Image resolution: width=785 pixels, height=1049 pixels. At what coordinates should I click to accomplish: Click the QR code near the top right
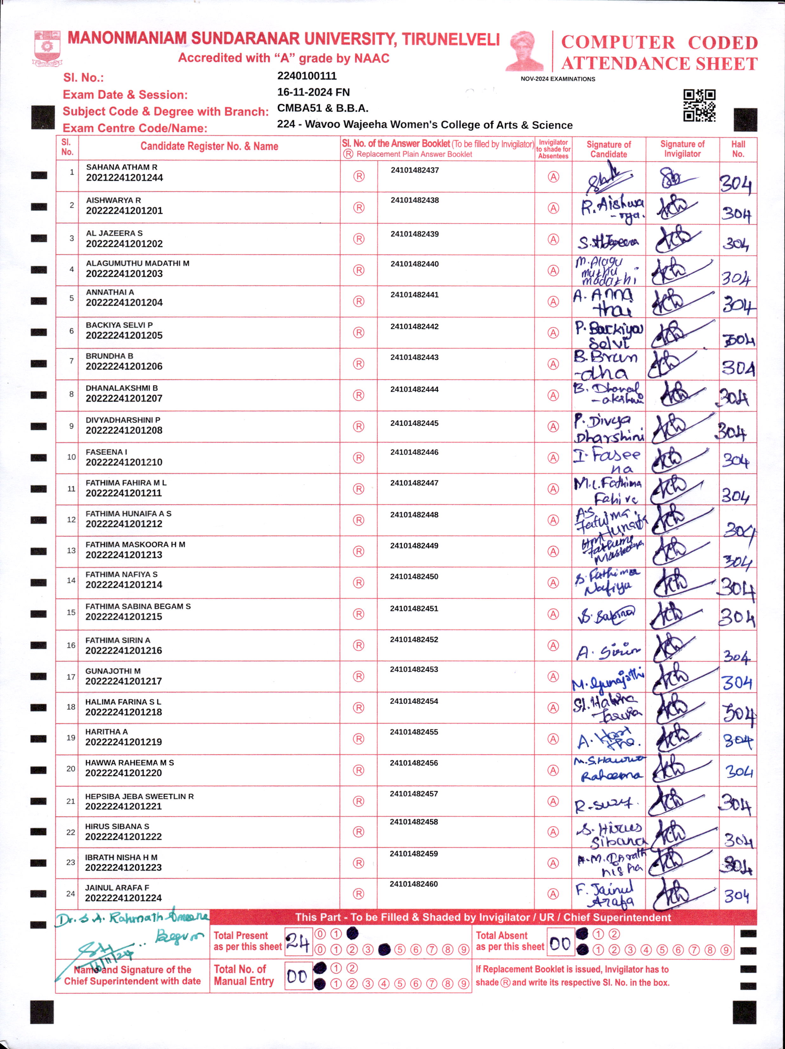click(x=699, y=105)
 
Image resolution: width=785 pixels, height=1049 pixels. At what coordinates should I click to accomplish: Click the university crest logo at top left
click(x=47, y=48)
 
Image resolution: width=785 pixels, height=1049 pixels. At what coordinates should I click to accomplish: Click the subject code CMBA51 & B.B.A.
click(x=323, y=108)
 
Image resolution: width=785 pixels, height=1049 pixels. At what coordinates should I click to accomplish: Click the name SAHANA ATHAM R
click(x=121, y=167)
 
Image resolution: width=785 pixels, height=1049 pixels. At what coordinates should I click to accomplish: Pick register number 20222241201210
click(x=124, y=462)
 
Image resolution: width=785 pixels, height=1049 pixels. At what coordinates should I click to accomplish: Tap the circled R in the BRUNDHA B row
click(x=359, y=364)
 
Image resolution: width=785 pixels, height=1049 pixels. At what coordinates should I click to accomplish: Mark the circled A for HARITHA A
click(x=553, y=739)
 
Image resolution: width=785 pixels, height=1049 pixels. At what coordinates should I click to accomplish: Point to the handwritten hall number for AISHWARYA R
click(x=736, y=214)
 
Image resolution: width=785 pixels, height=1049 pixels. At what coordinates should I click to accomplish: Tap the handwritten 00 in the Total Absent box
click(x=560, y=943)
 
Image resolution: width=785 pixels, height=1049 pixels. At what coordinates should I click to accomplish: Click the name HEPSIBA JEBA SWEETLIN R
click(x=139, y=796)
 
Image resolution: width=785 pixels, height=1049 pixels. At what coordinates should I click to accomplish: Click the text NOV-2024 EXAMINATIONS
click(x=558, y=79)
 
